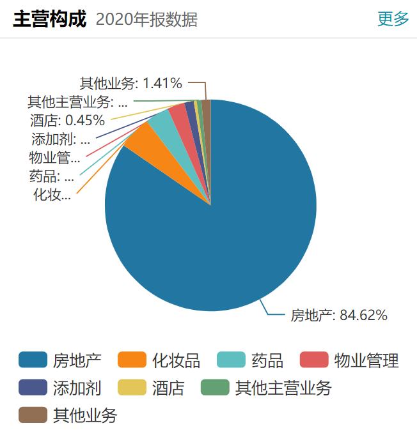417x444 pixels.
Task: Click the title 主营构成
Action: click(49, 19)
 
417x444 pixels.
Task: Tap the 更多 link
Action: click(393, 19)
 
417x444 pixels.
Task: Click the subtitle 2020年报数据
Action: click(146, 20)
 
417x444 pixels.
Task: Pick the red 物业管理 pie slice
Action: click(178, 111)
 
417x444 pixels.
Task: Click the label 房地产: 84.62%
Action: click(339, 315)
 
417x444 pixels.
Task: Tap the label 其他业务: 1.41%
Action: click(131, 83)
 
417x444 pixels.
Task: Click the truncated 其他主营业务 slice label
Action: click(77, 102)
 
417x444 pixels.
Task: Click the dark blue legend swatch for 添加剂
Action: click(33, 388)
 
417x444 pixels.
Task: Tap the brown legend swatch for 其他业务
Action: click(33, 415)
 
